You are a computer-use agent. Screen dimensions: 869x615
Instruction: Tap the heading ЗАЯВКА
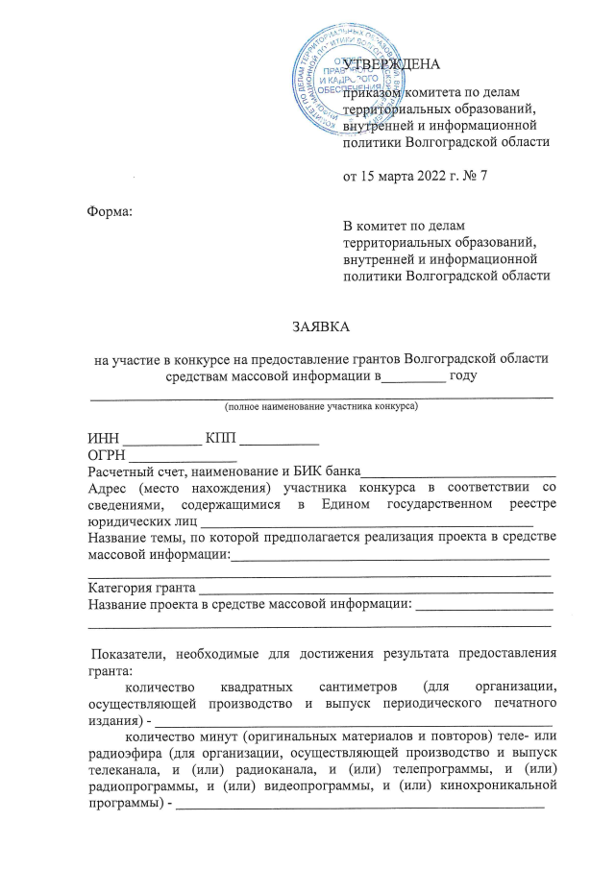coord(319,327)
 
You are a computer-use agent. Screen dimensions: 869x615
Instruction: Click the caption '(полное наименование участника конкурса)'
coord(320,406)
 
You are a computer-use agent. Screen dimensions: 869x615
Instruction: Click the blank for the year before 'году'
coord(415,376)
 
